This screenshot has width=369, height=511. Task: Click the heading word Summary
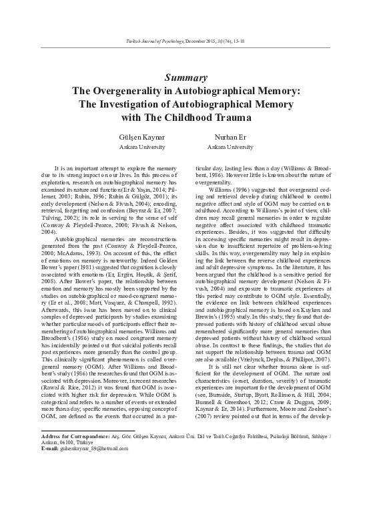click(x=184, y=77)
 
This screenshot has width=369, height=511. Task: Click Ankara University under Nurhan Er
click(x=230, y=145)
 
